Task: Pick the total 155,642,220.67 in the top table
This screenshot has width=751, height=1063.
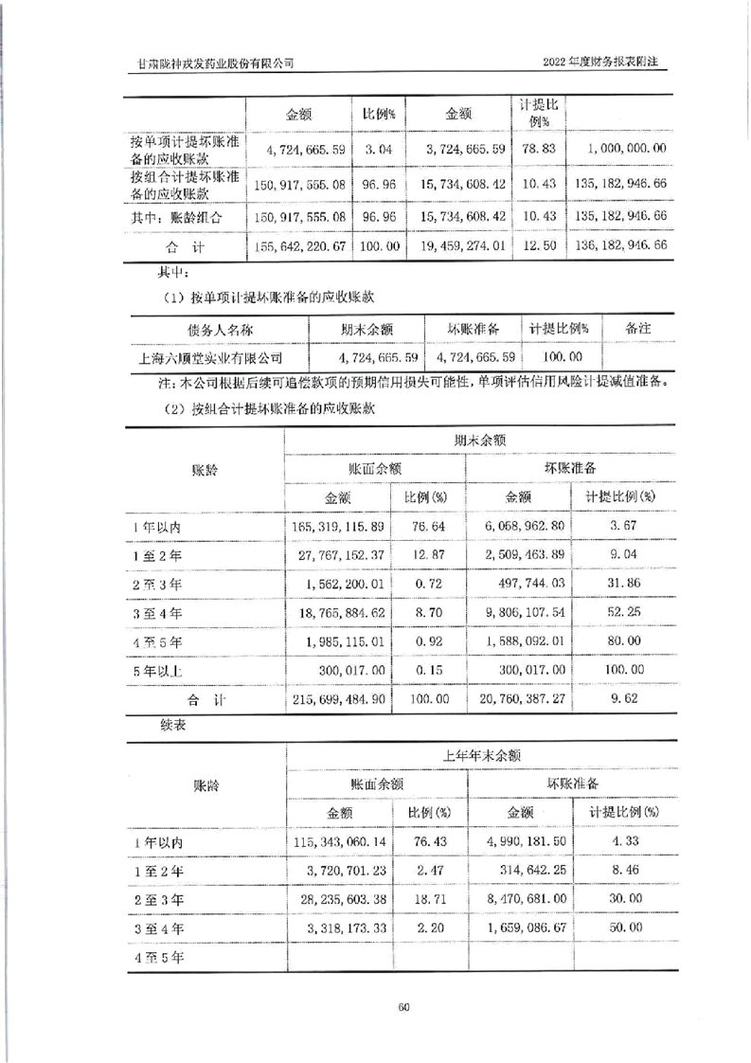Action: point(299,245)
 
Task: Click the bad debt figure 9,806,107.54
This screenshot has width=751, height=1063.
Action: point(521,613)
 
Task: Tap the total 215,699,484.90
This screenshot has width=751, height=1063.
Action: point(338,700)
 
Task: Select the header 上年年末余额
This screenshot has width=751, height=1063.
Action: point(483,755)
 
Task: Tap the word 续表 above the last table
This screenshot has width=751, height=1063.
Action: point(162,726)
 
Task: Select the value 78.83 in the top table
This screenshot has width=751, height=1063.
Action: point(536,148)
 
